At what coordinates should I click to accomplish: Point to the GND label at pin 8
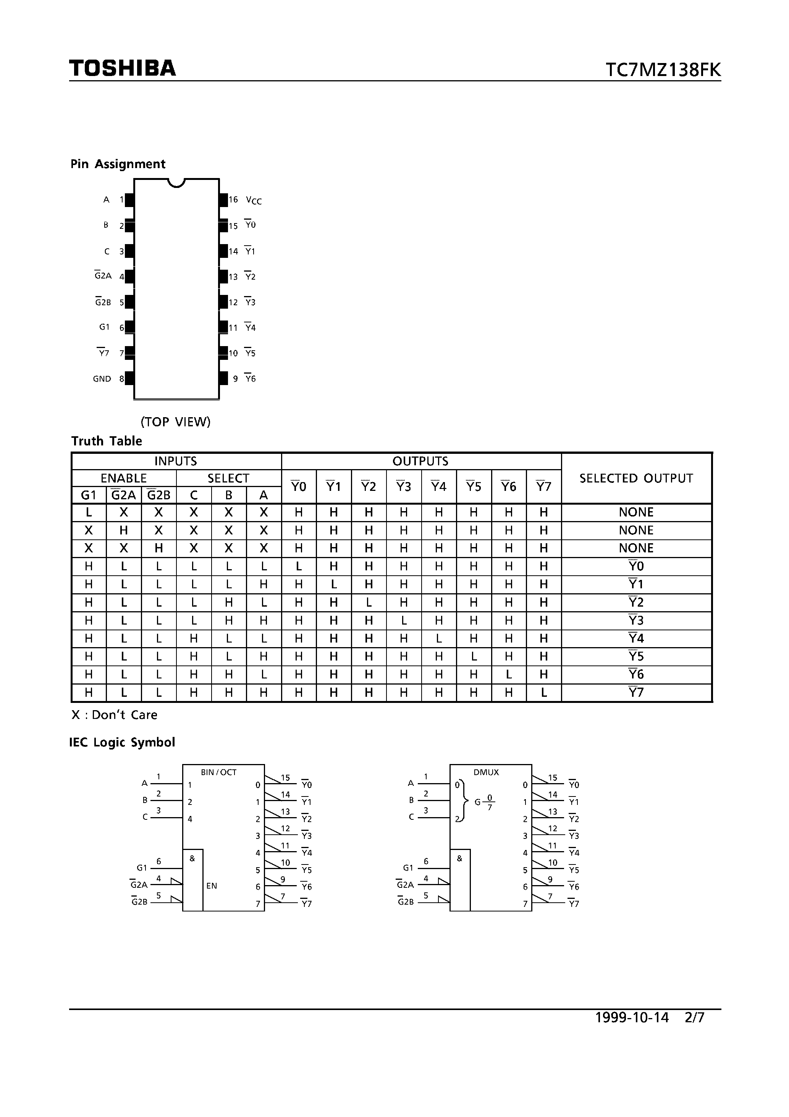point(102,379)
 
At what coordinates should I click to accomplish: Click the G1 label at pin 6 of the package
point(104,327)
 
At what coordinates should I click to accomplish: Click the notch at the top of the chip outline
point(176,183)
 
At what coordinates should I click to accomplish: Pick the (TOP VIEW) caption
point(176,422)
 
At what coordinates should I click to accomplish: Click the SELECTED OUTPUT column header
point(636,478)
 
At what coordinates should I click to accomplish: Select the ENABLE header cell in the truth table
point(124,478)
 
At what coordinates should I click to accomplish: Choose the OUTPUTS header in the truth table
point(420,461)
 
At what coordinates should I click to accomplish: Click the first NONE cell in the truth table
point(636,512)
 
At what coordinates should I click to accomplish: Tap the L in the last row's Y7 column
point(544,693)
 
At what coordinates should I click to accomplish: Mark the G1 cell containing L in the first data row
point(89,512)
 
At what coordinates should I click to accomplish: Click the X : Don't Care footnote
point(114,715)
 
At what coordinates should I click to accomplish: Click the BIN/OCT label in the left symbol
point(218,772)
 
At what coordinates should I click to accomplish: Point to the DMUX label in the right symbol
point(486,772)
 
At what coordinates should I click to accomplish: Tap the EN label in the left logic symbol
point(212,886)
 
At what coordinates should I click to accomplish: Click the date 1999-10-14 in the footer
point(632,1017)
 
